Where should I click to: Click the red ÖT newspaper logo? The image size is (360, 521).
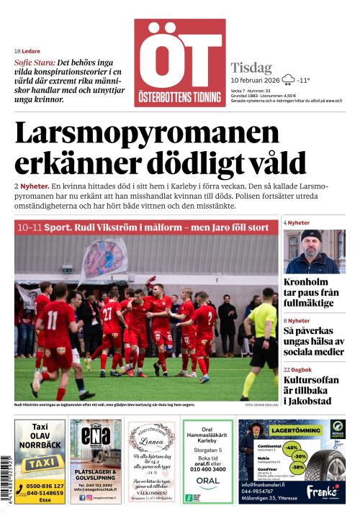click(179, 63)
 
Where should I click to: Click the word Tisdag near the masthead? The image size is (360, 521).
click(251, 66)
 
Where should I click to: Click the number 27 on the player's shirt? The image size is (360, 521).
click(107, 314)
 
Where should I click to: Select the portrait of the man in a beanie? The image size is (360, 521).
click(314, 251)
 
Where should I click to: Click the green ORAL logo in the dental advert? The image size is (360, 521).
click(207, 480)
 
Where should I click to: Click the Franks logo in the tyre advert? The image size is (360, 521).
click(322, 491)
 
